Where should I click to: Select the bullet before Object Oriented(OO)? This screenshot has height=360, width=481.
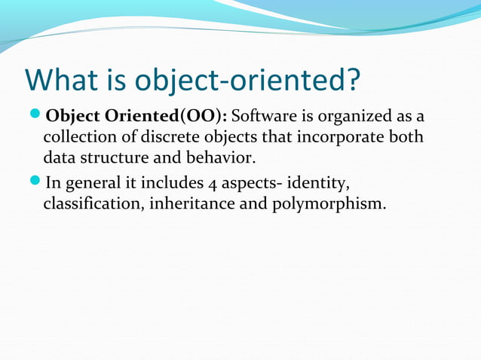(x=35, y=117)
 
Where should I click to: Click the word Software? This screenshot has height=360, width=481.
(x=265, y=117)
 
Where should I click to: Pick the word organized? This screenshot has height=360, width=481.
(x=357, y=118)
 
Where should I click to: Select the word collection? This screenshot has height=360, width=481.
(x=78, y=139)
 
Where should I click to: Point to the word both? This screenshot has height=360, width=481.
(x=406, y=139)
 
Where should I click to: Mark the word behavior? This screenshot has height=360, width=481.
(x=219, y=160)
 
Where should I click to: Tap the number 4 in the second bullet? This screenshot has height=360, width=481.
(x=211, y=183)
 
